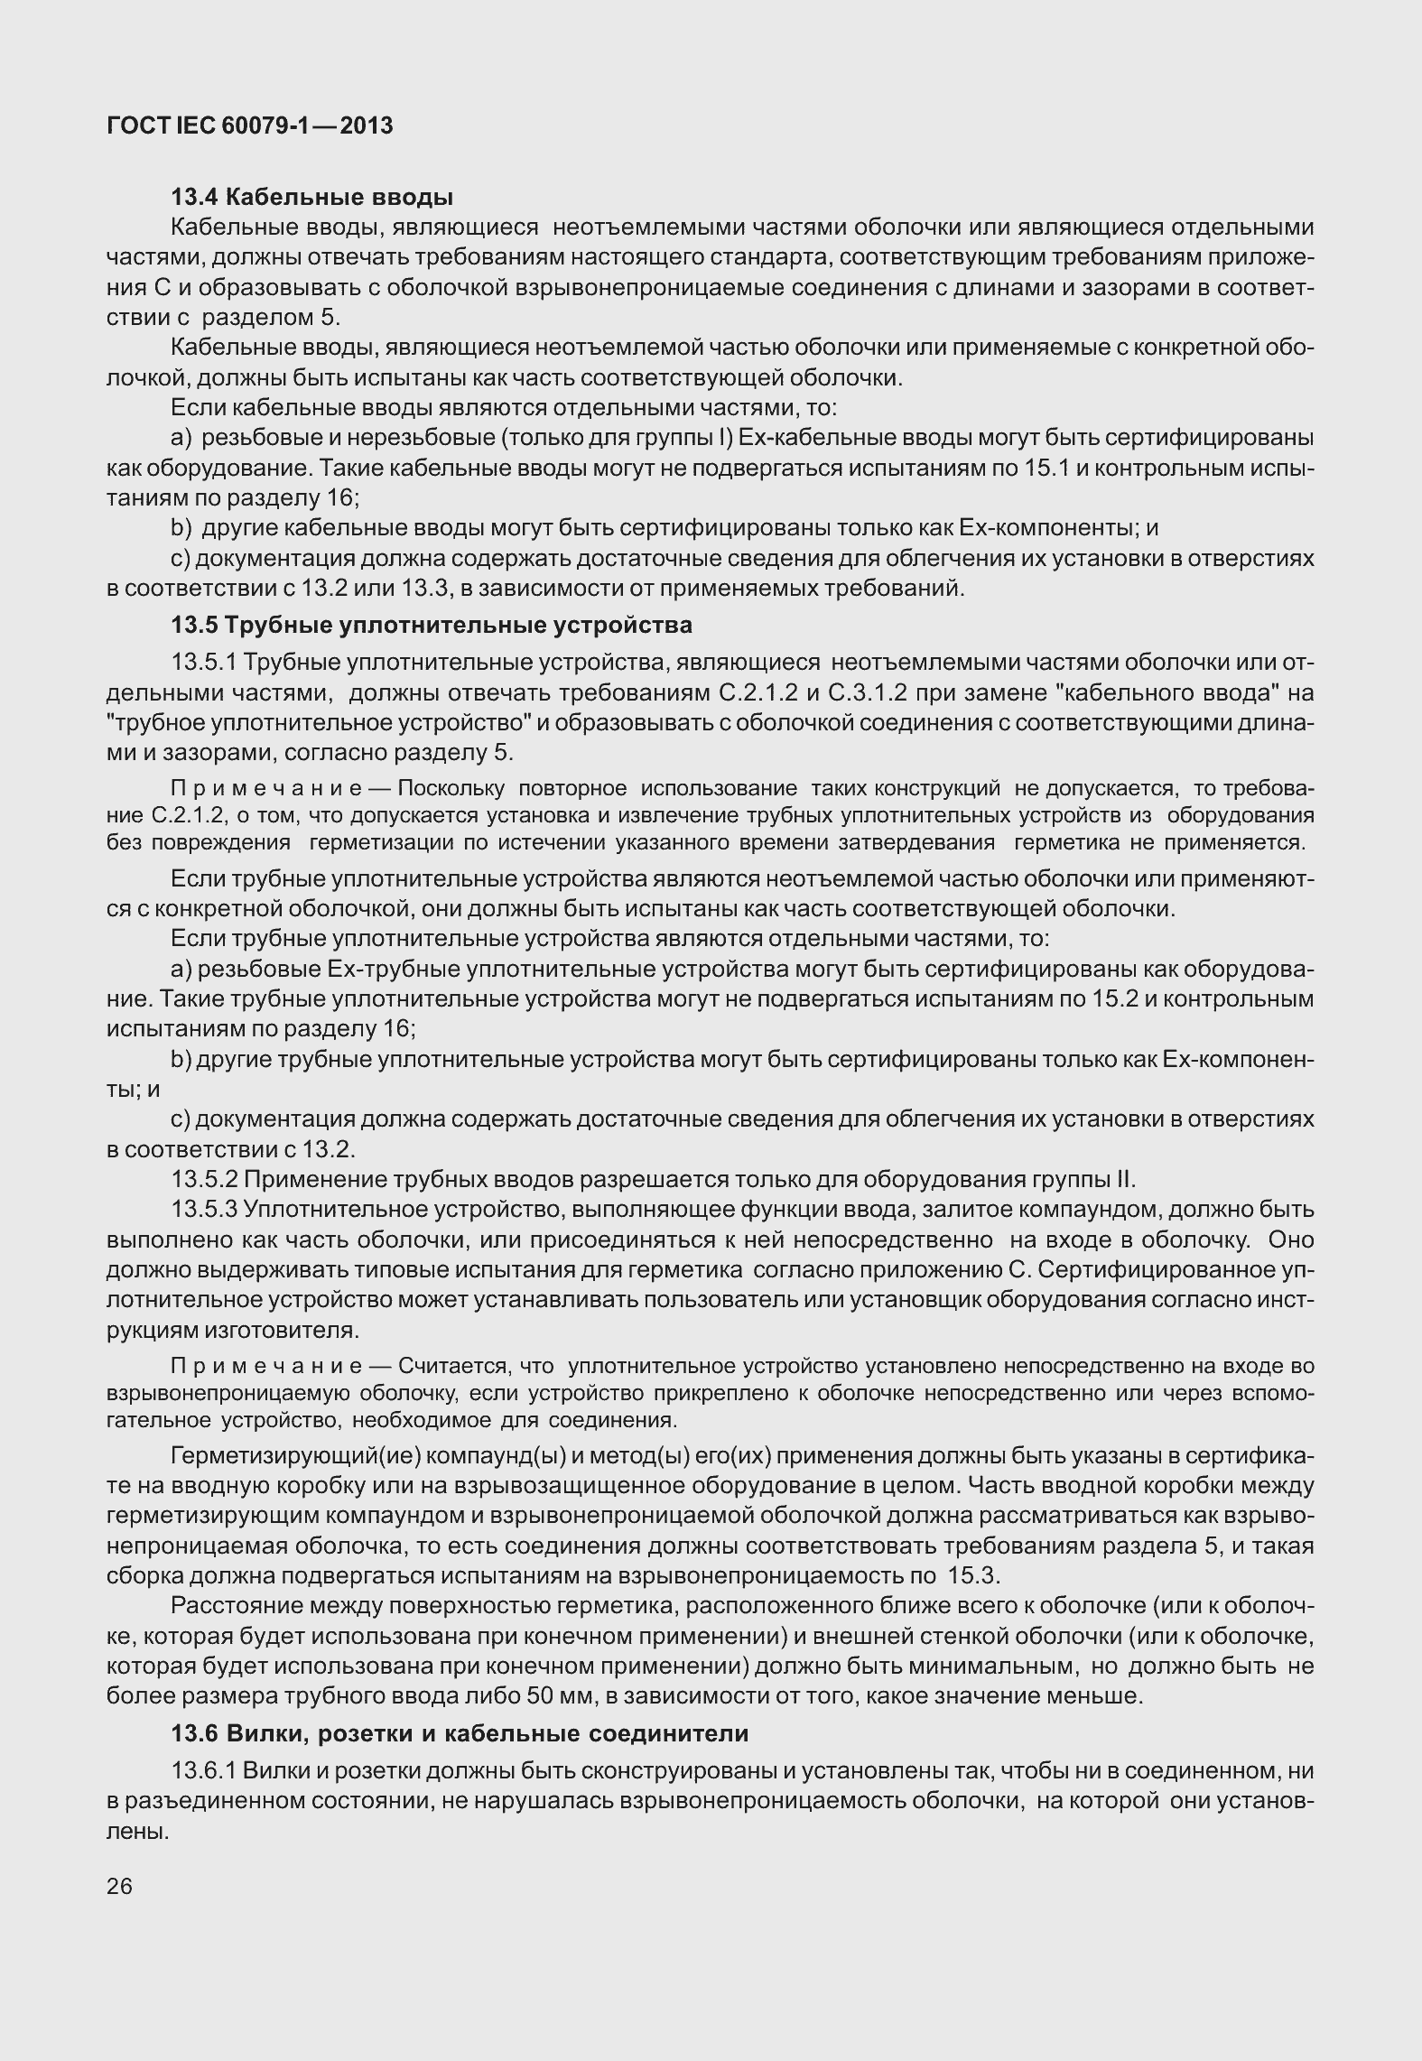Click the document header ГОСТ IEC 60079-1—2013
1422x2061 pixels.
pyautogui.click(x=249, y=126)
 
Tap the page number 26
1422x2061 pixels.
pyautogui.click(x=119, y=1886)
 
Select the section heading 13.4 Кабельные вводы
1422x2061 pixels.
pyautogui.click(x=312, y=197)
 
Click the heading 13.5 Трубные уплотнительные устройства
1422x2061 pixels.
pyautogui.click(x=432, y=625)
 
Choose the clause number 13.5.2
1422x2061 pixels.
pyautogui.click(x=204, y=1180)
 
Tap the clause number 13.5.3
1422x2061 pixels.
pyautogui.click(x=204, y=1210)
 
